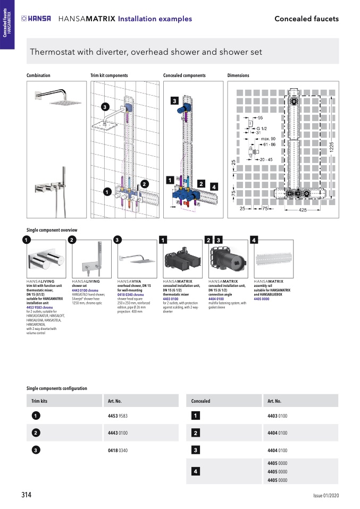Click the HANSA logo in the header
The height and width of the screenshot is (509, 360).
[x=36, y=19]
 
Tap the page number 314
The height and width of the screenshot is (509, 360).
[x=27, y=495]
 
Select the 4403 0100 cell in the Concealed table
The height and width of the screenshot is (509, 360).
[x=277, y=415]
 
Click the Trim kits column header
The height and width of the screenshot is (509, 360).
[x=40, y=401]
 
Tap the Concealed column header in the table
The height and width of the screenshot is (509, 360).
[x=200, y=401]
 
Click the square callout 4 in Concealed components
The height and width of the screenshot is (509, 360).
[x=213, y=186]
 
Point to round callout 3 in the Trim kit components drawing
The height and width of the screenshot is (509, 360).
[x=105, y=107]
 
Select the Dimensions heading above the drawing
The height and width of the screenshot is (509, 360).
[x=238, y=75]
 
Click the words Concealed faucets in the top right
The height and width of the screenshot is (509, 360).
[x=306, y=19]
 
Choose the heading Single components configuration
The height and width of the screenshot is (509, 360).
[x=57, y=388]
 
